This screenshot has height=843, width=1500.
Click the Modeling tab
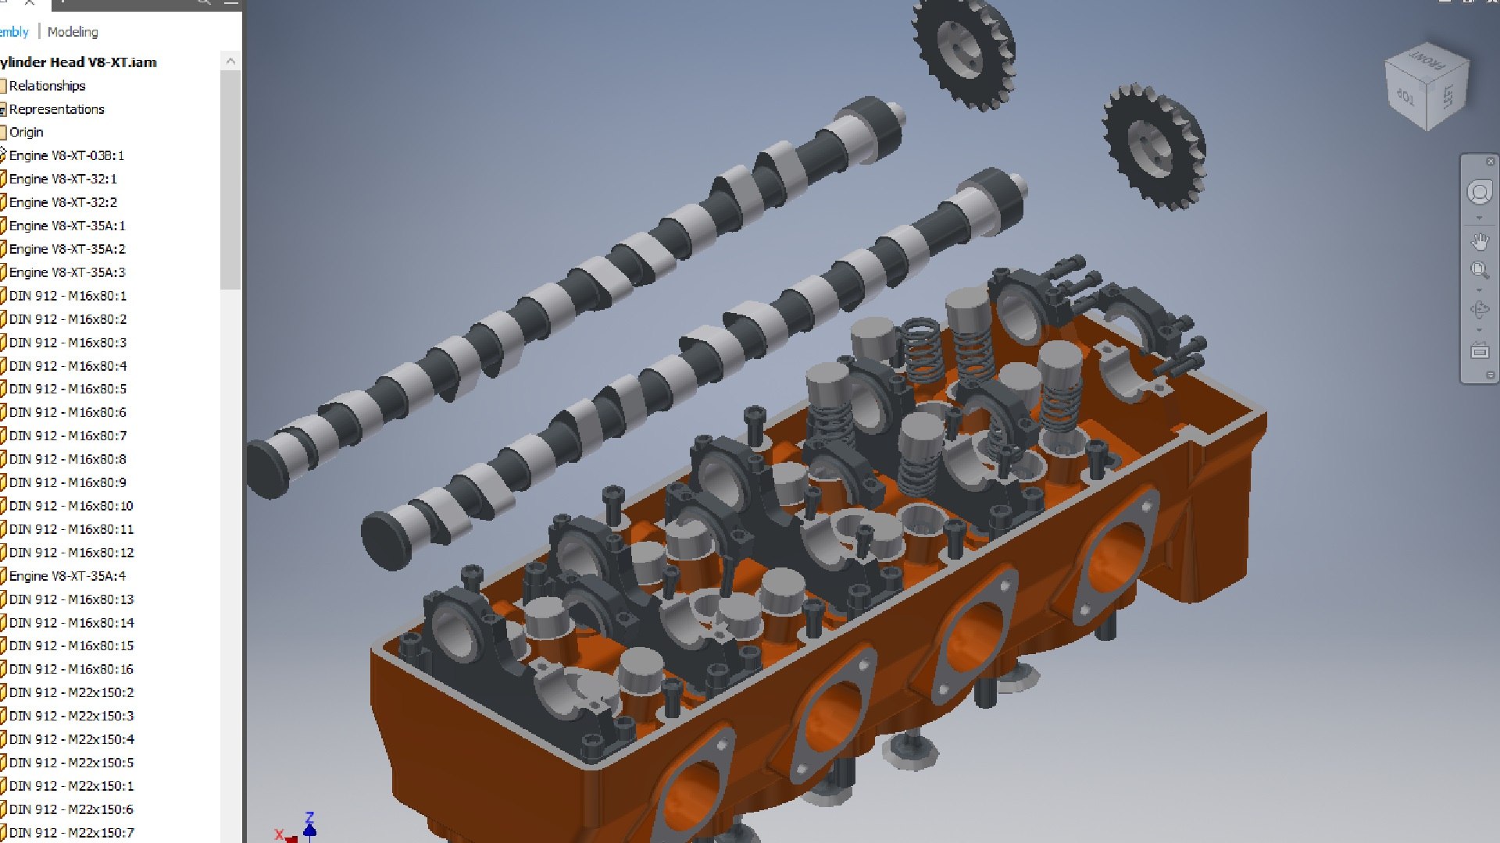[x=73, y=32]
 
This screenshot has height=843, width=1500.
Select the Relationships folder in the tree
[x=47, y=86]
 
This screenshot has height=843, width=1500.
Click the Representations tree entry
[x=56, y=109]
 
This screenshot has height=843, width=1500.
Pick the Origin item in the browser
[x=26, y=132]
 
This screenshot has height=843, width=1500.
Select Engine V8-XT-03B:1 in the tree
[x=66, y=155]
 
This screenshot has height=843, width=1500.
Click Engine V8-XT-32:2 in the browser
[x=62, y=202]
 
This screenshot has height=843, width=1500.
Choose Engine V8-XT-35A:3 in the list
[x=66, y=272]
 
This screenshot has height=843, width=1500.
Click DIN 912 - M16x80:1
[x=67, y=296]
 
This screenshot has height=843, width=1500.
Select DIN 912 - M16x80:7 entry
[x=67, y=436]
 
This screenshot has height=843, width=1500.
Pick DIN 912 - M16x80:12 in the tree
[x=71, y=553]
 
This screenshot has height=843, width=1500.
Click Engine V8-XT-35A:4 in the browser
[x=66, y=576]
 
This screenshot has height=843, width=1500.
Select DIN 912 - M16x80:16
[x=71, y=669]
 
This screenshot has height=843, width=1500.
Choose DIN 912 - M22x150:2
[x=71, y=692]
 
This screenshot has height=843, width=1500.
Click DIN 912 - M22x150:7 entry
[x=71, y=833]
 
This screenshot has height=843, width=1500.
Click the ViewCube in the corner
[x=1427, y=87]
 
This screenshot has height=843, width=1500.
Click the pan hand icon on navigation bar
[x=1480, y=241]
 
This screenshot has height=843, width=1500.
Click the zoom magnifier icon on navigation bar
[x=1480, y=270]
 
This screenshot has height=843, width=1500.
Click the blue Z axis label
[x=309, y=817]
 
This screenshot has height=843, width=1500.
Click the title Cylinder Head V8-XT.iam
[x=78, y=62]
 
